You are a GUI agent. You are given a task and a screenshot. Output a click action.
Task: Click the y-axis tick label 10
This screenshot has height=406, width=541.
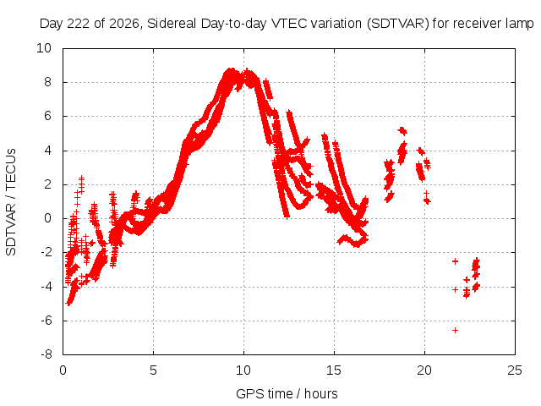coord(44,48)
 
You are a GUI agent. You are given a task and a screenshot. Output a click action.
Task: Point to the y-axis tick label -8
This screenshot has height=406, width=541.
coord(46,354)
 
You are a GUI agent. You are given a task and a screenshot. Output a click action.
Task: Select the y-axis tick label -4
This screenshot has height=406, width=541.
coord(46,287)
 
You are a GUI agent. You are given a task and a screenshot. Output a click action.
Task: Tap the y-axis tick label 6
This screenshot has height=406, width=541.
coord(47,116)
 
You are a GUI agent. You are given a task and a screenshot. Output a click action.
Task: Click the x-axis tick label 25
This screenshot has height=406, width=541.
coord(515,370)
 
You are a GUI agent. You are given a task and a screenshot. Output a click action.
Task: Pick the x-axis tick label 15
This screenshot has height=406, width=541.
coord(334,370)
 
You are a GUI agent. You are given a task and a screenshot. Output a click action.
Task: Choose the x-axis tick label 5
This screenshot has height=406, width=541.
coord(153,370)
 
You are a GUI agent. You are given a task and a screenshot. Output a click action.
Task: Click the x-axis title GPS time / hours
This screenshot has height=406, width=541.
coord(287,393)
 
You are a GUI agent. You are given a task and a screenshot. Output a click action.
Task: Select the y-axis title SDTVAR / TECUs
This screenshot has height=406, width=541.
coord(11,202)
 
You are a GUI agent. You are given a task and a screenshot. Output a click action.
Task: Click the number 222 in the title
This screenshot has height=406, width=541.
coord(79,24)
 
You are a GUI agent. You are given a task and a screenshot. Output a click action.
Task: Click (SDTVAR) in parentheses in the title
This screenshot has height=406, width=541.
coord(397,24)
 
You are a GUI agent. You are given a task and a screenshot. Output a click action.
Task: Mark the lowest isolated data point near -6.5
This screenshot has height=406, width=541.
coord(455,331)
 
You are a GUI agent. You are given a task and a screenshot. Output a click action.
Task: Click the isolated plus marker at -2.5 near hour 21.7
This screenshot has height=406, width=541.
coord(455,261)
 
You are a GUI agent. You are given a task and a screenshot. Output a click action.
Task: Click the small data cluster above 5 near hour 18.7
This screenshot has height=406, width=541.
coord(402,131)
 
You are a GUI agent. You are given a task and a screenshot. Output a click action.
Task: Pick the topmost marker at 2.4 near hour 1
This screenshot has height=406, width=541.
coord(81,178)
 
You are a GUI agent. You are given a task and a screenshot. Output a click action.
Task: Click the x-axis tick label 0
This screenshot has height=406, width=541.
coord(63,370)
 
